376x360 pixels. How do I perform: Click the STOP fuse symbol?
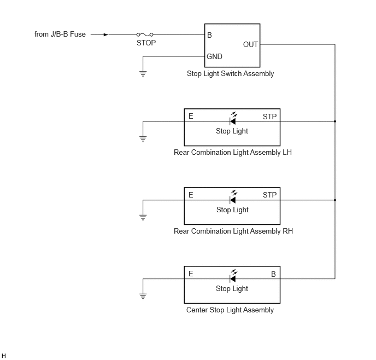click(145, 34)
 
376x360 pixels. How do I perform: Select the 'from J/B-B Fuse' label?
click(60, 34)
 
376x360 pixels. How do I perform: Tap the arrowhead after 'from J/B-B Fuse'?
click(106, 35)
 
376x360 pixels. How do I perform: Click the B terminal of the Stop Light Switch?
click(209, 35)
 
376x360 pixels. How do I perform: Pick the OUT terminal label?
click(250, 45)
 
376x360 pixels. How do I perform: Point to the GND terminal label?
click(214, 57)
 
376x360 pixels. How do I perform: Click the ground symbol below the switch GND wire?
click(143, 74)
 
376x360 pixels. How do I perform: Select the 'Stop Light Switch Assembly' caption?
click(230, 73)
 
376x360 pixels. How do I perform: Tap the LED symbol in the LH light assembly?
click(233, 119)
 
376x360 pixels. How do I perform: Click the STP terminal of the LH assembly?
click(269, 117)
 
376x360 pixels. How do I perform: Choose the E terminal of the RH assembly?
click(191, 195)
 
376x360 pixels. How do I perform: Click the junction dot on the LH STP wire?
click(335, 121)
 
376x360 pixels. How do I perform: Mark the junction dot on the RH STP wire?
click(335, 200)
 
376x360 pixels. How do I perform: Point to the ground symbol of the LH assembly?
click(143, 139)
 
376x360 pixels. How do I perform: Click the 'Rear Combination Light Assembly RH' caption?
click(233, 231)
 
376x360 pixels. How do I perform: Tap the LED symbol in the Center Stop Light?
click(233, 276)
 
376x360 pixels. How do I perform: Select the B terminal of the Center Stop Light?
click(273, 274)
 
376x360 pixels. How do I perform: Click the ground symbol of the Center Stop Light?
click(143, 296)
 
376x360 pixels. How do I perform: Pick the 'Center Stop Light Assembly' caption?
click(230, 310)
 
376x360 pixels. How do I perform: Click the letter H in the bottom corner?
click(4, 356)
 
